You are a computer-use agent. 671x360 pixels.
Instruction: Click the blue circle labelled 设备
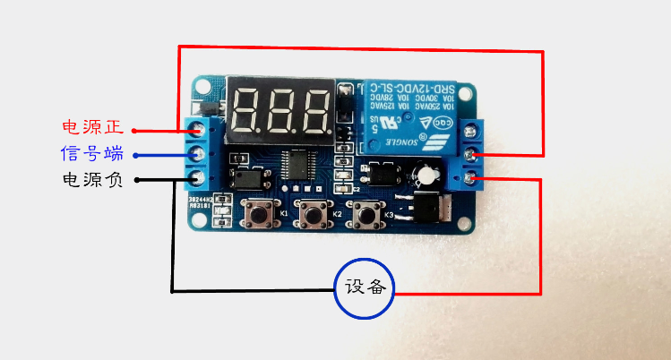point(366,287)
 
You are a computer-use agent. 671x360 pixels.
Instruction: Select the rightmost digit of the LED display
point(315,108)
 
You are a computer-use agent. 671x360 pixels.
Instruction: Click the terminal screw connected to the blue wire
point(198,154)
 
